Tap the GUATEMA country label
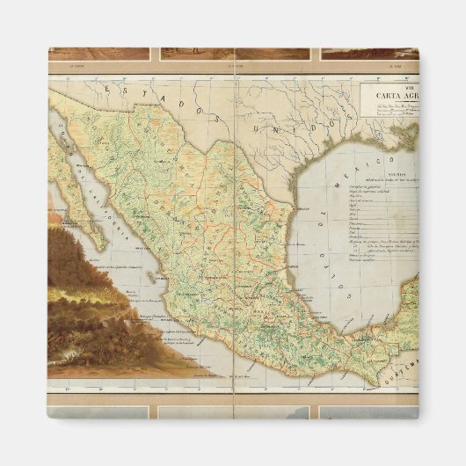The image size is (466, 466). click(x=405, y=357)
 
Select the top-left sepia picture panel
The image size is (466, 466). click(x=98, y=53)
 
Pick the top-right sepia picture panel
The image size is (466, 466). click(x=369, y=53)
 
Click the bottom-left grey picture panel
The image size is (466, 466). click(x=98, y=411)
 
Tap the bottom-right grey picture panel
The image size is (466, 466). click(x=369, y=411)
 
